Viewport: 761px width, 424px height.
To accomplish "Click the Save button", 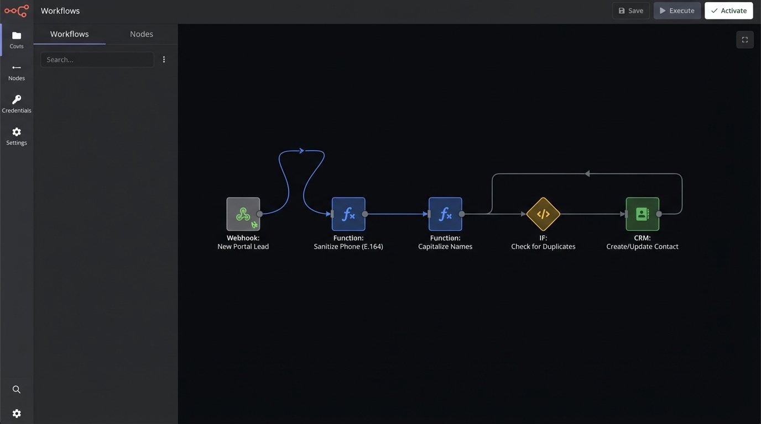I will [x=630, y=10].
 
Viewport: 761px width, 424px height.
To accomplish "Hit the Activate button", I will [x=728, y=10].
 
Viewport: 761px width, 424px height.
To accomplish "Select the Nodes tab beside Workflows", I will [x=141, y=34].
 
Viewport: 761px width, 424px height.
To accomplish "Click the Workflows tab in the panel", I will [x=69, y=34].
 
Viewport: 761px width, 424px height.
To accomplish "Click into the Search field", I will [x=97, y=60].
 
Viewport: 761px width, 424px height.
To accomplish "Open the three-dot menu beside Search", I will [x=164, y=60].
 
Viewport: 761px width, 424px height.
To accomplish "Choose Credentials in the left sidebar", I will [x=17, y=103].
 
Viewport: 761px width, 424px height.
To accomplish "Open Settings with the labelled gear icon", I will [x=17, y=135].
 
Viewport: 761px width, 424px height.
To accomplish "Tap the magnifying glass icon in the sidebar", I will [x=17, y=390].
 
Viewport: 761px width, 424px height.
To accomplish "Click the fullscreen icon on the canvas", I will [x=744, y=40].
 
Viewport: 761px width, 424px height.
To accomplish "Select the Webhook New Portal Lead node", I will [x=243, y=214].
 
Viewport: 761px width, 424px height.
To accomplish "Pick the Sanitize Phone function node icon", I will [x=348, y=214].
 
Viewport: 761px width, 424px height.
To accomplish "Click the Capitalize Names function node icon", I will [x=445, y=214].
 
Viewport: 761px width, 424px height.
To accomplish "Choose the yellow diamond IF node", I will [x=543, y=214].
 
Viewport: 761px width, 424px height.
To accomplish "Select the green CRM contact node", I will [x=642, y=214].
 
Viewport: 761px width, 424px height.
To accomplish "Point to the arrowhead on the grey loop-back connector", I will [x=587, y=174].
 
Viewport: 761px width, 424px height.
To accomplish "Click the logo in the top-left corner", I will [x=17, y=10].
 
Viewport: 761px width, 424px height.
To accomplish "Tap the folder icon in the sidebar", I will [x=17, y=36].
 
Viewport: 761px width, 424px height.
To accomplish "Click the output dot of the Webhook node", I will [x=259, y=214].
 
